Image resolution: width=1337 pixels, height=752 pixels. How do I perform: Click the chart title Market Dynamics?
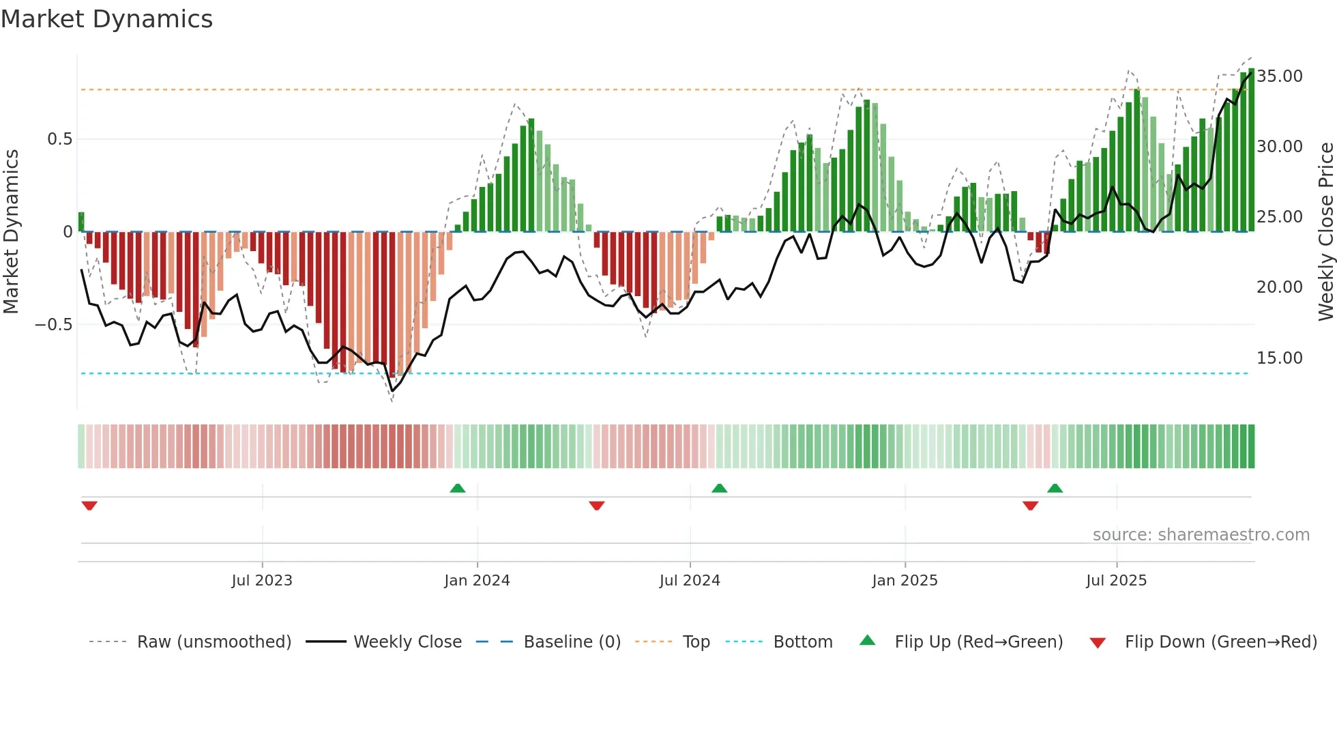(107, 19)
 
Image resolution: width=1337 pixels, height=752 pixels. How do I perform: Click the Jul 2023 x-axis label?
(262, 581)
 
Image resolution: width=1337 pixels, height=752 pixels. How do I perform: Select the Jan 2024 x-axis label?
(477, 581)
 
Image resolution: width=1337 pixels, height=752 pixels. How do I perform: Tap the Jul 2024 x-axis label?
(690, 581)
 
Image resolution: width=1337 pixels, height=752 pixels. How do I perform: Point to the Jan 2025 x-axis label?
(905, 581)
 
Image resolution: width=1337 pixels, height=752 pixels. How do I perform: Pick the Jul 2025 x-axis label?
(1116, 581)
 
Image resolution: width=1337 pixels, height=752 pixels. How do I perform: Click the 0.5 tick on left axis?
(59, 139)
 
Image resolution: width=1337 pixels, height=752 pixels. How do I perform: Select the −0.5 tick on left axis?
(54, 325)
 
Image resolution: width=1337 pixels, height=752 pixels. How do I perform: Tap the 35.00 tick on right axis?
(1280, 76)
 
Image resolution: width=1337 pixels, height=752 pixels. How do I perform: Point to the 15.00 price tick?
(1280, 358)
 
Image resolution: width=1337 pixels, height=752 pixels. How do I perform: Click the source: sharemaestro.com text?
(1201, 535)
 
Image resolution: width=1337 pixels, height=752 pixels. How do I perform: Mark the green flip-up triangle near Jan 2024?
(458, 489)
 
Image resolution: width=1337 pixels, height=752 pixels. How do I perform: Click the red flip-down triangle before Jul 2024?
(597, 506)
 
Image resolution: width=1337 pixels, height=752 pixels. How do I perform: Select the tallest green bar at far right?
(1251, 150)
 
